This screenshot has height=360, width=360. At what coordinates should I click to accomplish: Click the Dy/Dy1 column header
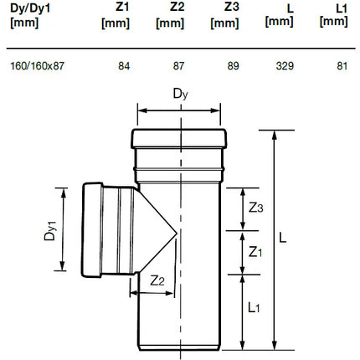click(x=30, y=16)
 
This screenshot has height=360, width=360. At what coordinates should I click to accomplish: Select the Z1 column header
click(x=116, y=16)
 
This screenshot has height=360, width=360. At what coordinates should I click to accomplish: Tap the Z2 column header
click(x=170, y=16)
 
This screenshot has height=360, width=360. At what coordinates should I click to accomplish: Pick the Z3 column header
click(x=224, y=16)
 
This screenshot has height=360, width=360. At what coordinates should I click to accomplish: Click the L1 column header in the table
click(x=334, y=16)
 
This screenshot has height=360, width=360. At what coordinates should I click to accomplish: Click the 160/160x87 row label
click(x=37, y=66)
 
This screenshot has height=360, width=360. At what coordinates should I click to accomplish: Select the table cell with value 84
click(x=124, y=66)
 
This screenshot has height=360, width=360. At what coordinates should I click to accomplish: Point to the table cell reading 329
click(x=285, y=66)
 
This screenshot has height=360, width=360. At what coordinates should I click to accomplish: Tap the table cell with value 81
click(x=342, y=66)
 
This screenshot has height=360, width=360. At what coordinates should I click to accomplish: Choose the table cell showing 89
click(x=233, y=66)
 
